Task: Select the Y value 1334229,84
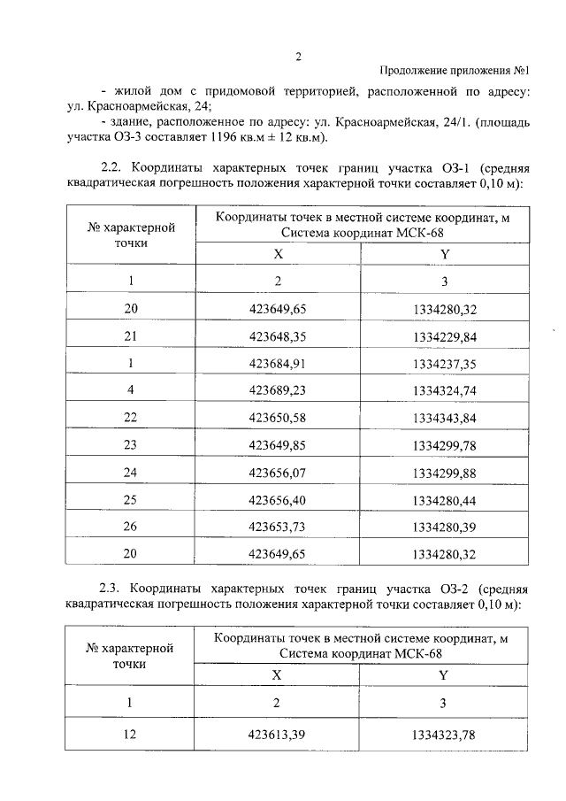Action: click(x=444, y=336)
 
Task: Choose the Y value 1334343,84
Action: click(x=444, y=417)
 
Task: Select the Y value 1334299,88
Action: click(x=444, y=474)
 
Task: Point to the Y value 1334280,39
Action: click(x=444, y=528)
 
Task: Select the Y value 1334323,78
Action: click(x=444, y=735)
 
